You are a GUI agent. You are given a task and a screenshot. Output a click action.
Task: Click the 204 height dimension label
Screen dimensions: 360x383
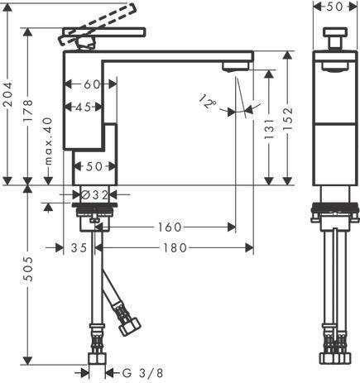[x=7, y=94]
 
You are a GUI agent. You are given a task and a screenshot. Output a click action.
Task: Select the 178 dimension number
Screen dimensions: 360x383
[x=28, y=111]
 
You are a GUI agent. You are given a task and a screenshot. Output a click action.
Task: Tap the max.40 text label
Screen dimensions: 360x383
[x=48, y=141]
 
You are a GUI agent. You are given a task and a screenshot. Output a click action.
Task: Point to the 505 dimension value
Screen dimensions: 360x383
[x=28, y=269]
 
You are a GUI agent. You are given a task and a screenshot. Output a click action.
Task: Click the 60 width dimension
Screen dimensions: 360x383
[x=92, y=84]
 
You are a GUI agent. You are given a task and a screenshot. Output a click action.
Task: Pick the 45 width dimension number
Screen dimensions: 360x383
[x=83, y=107]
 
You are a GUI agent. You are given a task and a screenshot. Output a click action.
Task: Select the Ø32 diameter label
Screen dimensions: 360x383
[x=95, y=195]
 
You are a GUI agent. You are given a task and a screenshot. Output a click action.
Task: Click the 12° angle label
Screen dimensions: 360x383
[x=208, y=102]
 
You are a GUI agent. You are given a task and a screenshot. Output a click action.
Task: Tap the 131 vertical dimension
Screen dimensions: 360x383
[x=269, y=129]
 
